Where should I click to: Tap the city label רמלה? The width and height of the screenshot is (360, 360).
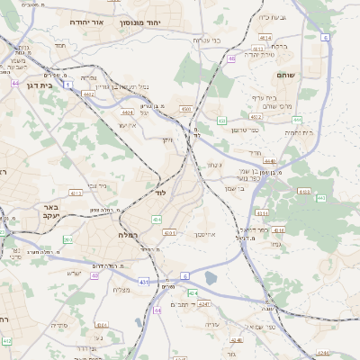click(x=130, y=234)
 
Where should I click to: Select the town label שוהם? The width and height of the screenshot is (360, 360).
click(x=285, y=76)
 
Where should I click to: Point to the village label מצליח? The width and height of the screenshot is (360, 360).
click(x=122, y=289)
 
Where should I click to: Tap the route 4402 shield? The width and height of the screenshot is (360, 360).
click(x=88, y=93)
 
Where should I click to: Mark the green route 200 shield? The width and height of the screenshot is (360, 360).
click(x=67, y=239)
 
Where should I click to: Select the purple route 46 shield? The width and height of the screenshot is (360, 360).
click(x=231, y=58)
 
